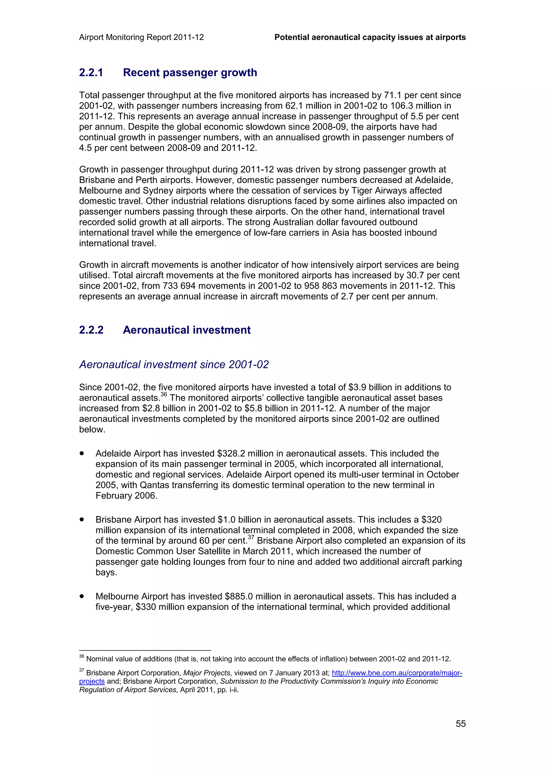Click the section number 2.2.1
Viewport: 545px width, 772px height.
coord(91,73)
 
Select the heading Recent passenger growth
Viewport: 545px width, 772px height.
coord(190,73)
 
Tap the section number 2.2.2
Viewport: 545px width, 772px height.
coord(91,330)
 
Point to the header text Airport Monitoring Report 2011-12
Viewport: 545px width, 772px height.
coord(141,37)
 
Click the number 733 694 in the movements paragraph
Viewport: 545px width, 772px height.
coord(178,286)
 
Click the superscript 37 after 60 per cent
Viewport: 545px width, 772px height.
coord(251,537)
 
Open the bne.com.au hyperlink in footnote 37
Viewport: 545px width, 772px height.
coord(397,673)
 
